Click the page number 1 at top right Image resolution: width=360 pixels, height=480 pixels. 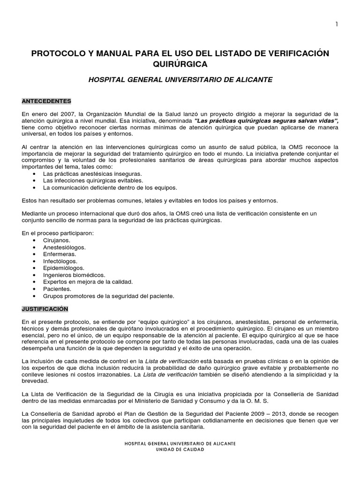click(x=336, y=25)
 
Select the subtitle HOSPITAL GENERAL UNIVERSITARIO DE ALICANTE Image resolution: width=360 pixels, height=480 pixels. click(x=180, y=80)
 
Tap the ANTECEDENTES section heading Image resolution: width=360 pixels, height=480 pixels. click(x=46, y=101)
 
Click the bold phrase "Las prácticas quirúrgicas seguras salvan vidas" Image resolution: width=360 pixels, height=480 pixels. click(x=260, y=121)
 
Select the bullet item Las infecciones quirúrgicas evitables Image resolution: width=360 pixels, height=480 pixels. click(x=93, y=180)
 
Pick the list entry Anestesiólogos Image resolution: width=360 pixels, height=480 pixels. click(x=64, y=247)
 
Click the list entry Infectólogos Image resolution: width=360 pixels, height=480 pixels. click(x=60, y=261)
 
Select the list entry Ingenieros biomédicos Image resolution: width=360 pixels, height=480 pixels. click(x=74, y=275)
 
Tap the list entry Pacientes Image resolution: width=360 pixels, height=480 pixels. click(x=57, y=289)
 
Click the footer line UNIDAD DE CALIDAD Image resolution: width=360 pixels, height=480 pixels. click(x=180, y=449)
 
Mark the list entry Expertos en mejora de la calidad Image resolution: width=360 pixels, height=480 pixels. click(x=88, y=282)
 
